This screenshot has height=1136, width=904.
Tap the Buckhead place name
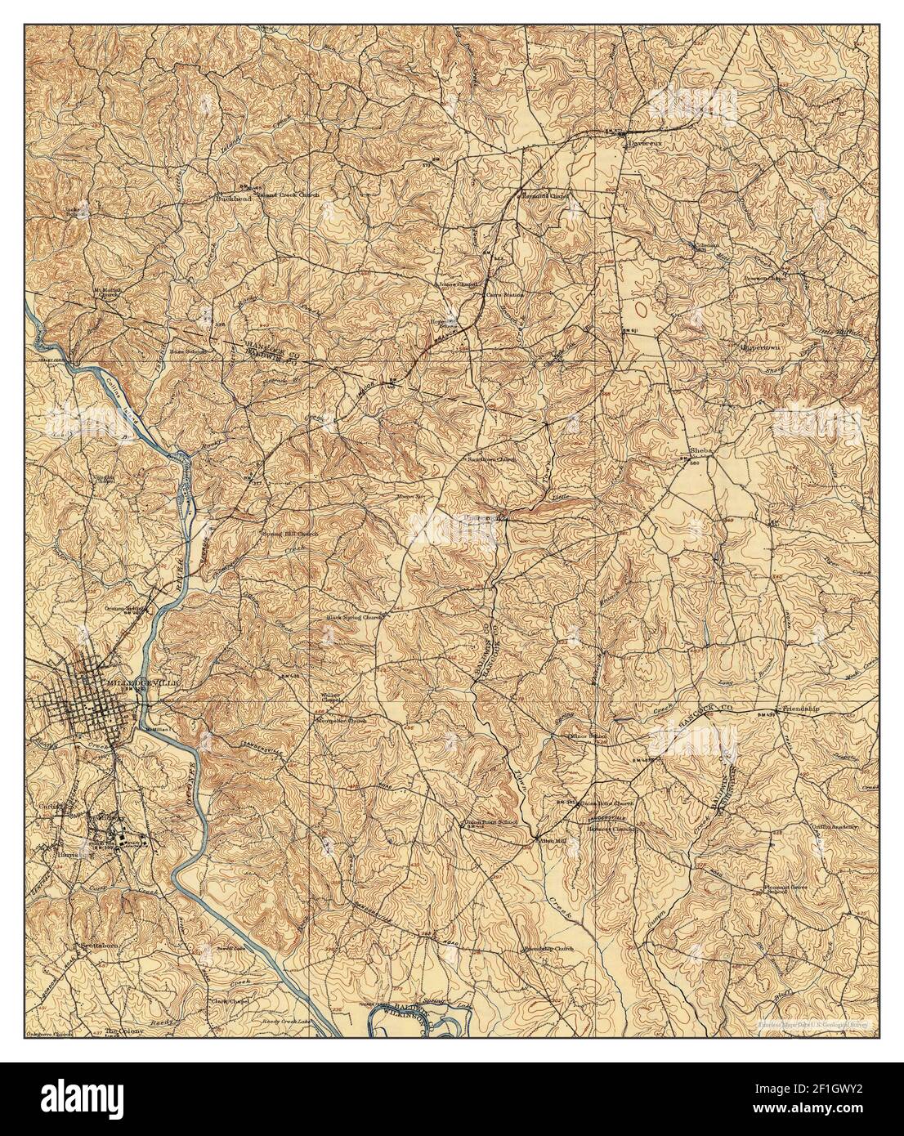(x=231, y=198)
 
